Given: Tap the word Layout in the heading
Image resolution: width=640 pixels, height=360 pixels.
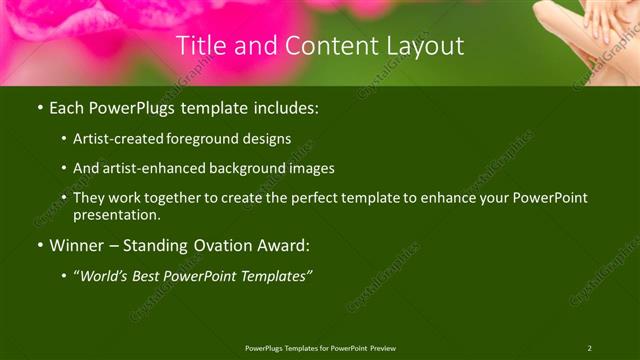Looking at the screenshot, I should tap(425, 46).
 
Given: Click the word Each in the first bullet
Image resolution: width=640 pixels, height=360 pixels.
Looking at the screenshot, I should tap(67, 107).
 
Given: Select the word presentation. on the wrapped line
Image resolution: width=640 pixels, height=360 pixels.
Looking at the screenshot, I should tap(117, 214).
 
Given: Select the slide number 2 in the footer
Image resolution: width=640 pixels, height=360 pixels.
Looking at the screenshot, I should tap(589, 348).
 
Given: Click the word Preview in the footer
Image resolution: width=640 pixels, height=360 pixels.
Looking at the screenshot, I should tap(382, 348).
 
